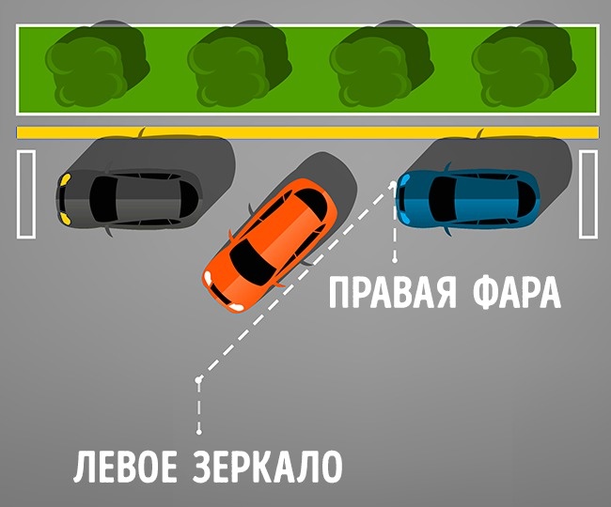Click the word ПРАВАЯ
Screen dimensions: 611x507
(x=392, y=292)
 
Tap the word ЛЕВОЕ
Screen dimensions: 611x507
(x=125, y=466)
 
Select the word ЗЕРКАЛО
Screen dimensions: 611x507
(x=267, y=466)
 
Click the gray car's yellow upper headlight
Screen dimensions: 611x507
(x=66, y=179)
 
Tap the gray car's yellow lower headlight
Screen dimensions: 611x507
(x=65, y=219)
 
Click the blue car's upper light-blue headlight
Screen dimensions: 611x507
(x=405, y=179)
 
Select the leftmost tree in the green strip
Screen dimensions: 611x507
(x=98, y=67)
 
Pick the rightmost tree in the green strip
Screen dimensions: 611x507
(x=525, y=67)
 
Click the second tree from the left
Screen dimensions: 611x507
(x=240, y=67)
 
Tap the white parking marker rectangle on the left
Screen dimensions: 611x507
(x=26, y=194)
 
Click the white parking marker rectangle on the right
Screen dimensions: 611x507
(x=588, y=194)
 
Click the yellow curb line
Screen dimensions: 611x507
(x=307, y=132)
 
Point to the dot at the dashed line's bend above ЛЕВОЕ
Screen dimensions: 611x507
(x=199, y=378)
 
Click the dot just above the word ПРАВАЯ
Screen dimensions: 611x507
(x=395, y=260)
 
